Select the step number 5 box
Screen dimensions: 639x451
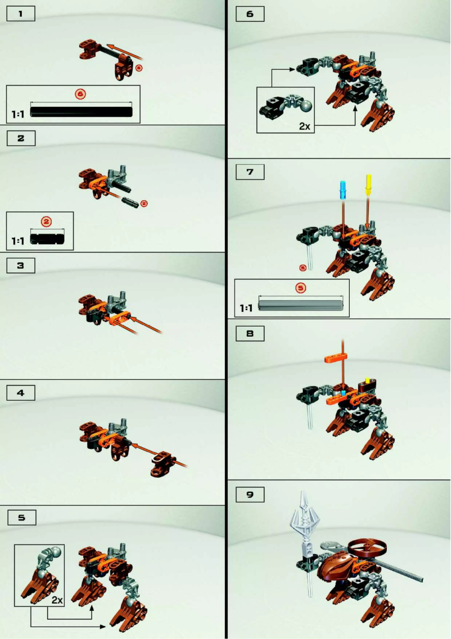tap(21, 517)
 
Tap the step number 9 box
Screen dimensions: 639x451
tap(250, 494)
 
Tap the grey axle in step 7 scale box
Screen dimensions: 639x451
tap(300, 305)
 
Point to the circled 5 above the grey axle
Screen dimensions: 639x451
tap(300, 287)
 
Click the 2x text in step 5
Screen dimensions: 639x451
tap(57, 600)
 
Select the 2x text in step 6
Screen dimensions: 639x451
tap(305, 126)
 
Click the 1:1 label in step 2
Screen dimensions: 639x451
tap(18, 241)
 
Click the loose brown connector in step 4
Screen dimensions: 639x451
tap(164, 462)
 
